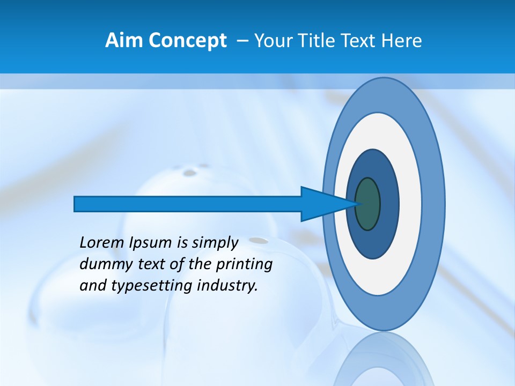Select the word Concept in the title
187,41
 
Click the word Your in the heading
274,41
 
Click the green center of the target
367,204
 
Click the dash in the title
242,41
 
